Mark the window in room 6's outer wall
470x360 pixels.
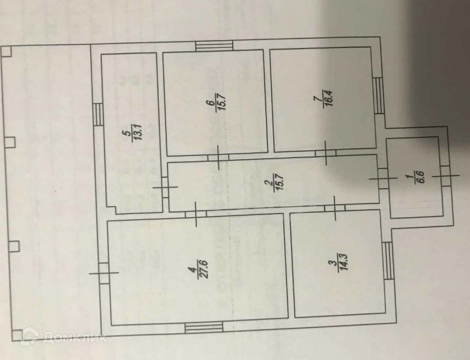click(214, 46)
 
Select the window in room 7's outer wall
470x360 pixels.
click(378, 96)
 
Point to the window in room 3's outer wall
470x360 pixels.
click(388, 261)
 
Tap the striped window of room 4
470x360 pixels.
click(204, 327)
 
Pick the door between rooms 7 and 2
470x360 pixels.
click(325, 153)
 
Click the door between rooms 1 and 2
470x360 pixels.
click(383, 178)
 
